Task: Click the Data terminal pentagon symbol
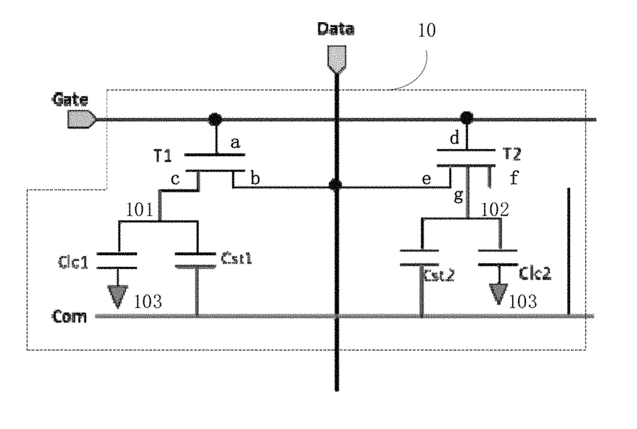[x=336, y=59]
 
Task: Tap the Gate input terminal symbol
[x=82, y=119]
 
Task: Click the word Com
[x=69, y=316]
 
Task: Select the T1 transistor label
[x=163, y=156]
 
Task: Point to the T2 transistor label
[x=512, y=154]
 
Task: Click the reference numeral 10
[x=427, y=30]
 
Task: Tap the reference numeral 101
[x=139, y=210]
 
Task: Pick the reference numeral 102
[x=495, y=209]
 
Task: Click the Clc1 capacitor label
[x=73, y=262]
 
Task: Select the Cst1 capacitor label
[x=236, y=258]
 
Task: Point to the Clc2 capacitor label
[x=535, y=274]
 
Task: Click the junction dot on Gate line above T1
[x=215, y=119]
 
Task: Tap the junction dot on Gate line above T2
[x=466, y=118]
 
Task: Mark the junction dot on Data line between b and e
[x=335, y=185]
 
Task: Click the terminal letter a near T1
[x=235, y=142]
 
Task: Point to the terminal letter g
[x=458, y=196]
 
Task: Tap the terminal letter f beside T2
[x=514, y=177]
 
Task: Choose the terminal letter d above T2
[x=455, y=138]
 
